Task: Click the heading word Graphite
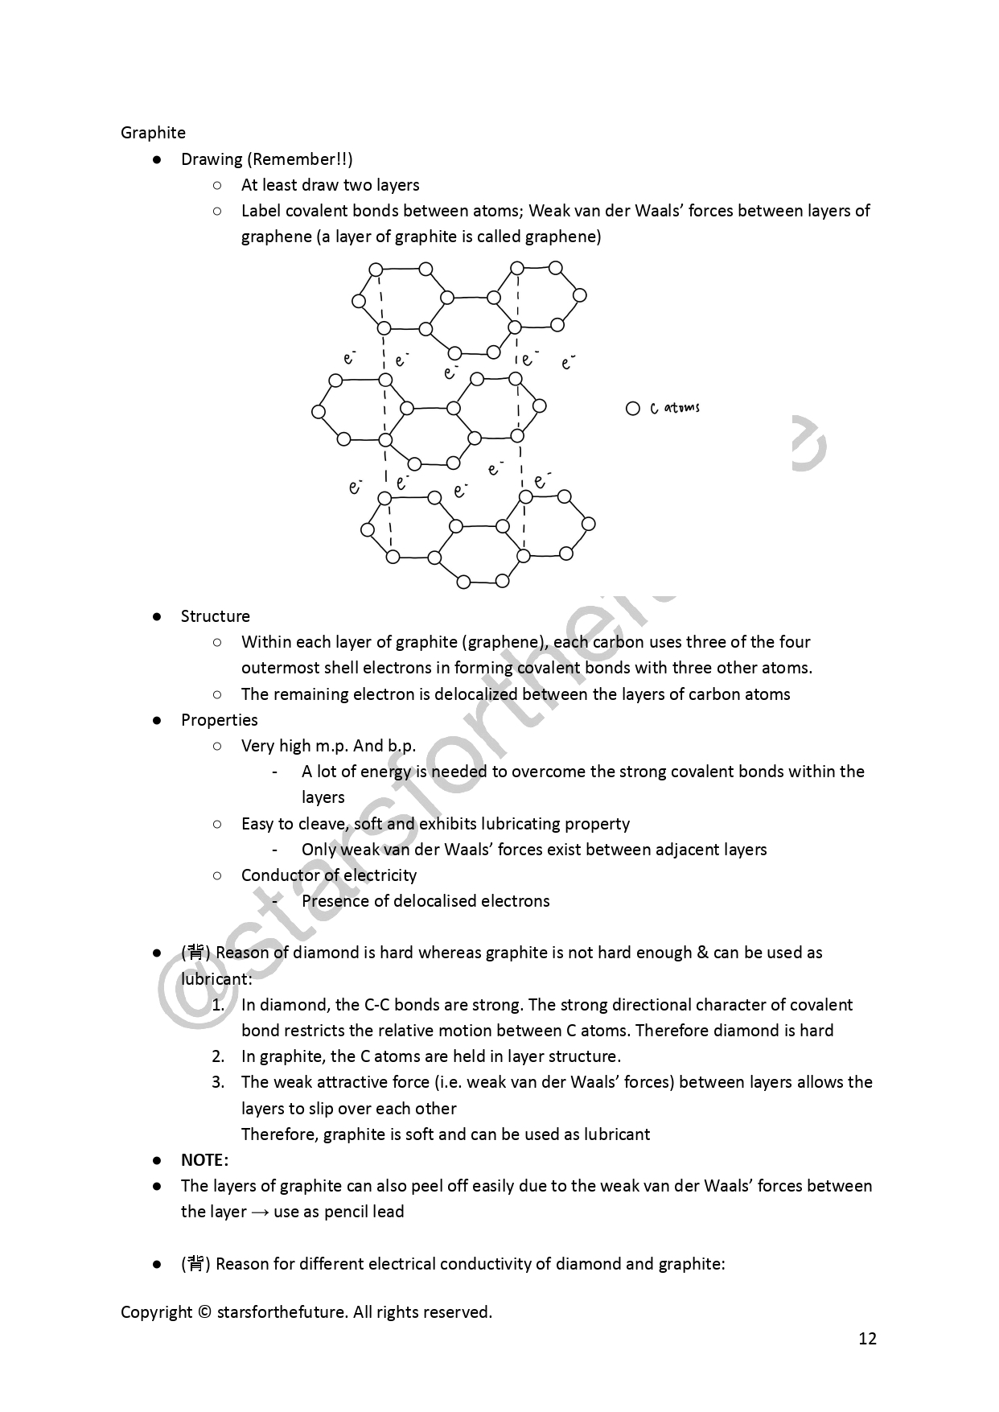coord(153,133)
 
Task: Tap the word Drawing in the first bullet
coord(212,159)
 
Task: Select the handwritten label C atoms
coord(675,408)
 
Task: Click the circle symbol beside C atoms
coord(632,409)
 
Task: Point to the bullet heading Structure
coord(215,616)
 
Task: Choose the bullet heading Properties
coord(219,720)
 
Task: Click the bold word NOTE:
coord(204,1160)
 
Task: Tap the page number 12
coord(867,1339)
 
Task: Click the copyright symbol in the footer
coord(204,1312)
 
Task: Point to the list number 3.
coord(218,1082)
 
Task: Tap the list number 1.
coord(218,1005)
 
